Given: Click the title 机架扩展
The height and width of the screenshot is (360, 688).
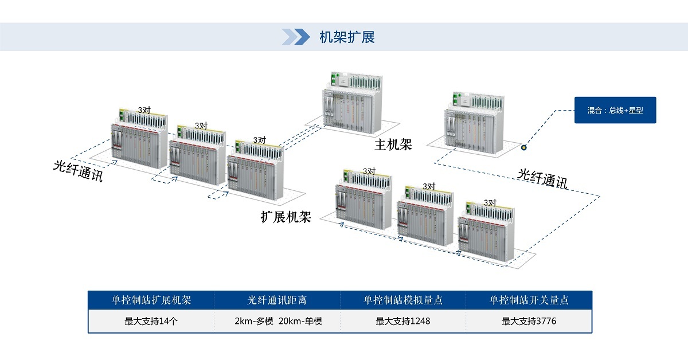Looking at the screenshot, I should click(347, 38).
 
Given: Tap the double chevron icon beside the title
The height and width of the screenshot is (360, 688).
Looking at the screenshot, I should click(296, 37).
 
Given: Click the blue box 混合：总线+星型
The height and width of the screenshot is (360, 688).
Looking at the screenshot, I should click(615, 110).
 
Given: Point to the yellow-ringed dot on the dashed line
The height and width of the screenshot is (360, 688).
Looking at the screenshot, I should click(523, 147).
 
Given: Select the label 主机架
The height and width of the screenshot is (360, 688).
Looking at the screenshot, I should click(393, 144).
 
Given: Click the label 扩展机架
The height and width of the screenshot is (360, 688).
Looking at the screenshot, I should click(286, 217).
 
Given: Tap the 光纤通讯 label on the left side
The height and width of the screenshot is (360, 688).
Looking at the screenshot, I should click(78, 170).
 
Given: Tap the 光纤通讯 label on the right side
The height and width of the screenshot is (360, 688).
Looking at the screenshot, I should click(542, 178).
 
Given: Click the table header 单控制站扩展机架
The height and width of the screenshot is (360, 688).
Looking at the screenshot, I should click(151, 300).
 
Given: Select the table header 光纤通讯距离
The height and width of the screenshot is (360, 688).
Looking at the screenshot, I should click(277, 300).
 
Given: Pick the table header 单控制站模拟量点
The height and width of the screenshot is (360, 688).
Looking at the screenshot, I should click(403, 300).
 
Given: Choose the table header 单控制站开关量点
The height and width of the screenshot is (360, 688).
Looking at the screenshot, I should click(529, 300).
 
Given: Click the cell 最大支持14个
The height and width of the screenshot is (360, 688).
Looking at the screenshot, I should click(151, 321).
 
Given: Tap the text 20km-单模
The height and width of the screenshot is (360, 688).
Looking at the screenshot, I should click(300, 321).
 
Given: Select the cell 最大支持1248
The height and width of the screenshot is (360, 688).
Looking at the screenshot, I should click(403, 321).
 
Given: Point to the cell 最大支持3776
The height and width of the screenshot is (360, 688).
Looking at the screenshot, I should click(529, 321).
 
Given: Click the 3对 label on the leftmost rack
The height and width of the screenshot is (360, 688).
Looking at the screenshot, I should click(144, 109).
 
